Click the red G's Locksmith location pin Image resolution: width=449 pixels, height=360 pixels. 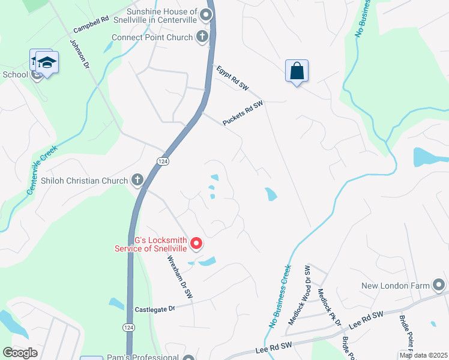click(196, 244)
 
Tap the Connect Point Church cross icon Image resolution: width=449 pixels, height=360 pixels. click(202, 37)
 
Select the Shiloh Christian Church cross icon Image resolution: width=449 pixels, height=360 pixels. click(137, 180)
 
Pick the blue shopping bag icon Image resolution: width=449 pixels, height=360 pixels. click(297, 71)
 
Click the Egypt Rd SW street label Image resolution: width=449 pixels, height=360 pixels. click(233, 78)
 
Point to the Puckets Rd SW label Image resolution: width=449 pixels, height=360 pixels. click(243, 113)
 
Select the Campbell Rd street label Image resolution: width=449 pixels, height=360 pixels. click(91, 25)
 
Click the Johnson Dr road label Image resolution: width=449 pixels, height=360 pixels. click(79, 55)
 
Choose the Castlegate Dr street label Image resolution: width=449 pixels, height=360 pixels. click(155, 308)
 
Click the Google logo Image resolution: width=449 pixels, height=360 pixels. click(20, 352)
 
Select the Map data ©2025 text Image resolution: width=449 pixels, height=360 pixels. click(423, 356)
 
